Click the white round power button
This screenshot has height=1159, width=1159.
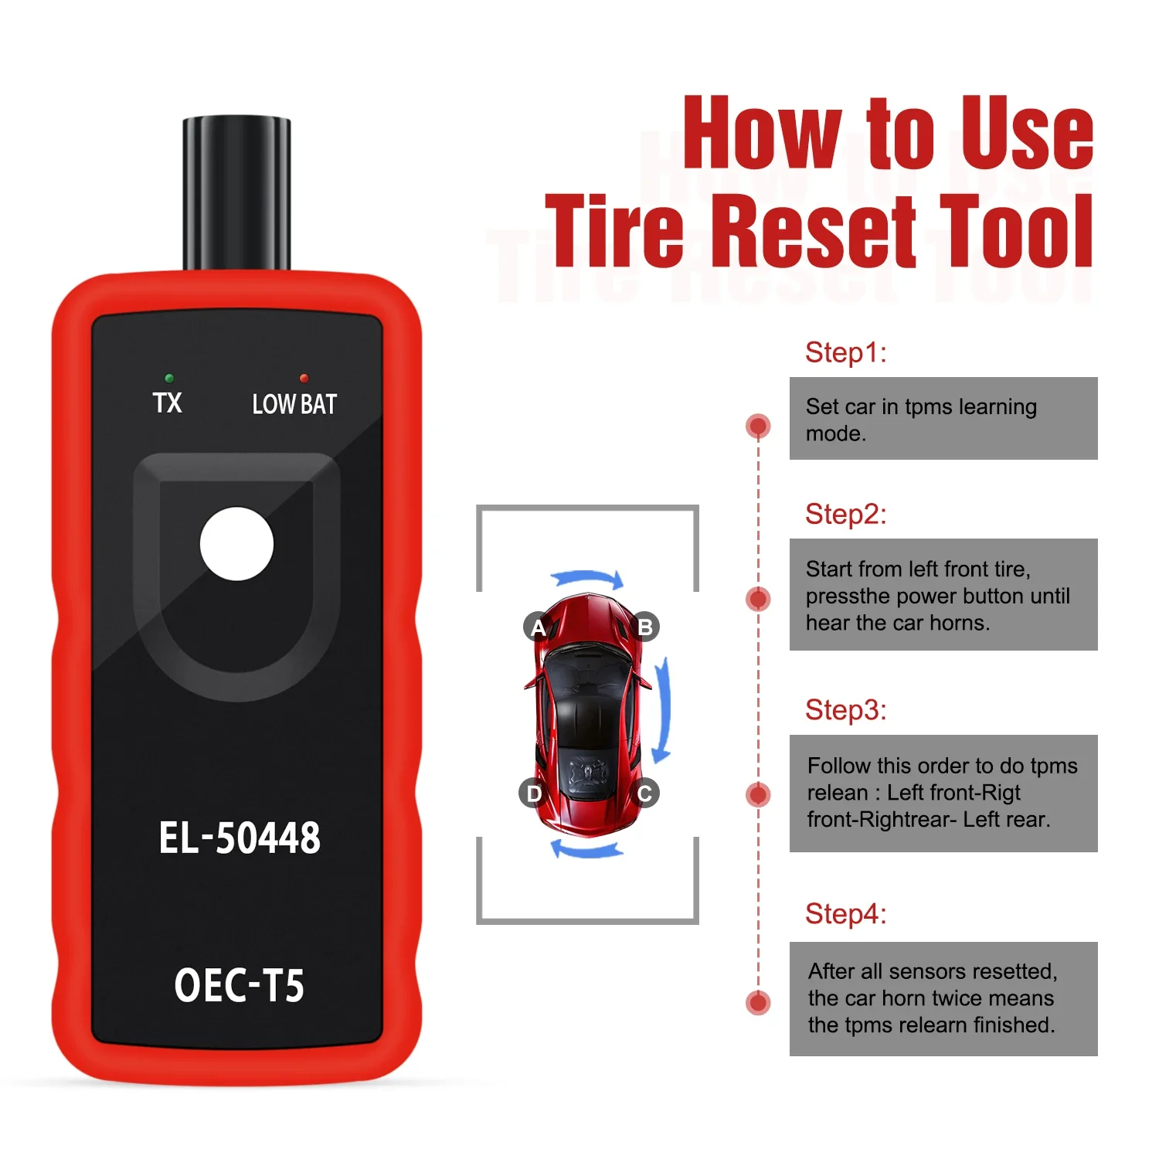pyautogui.click(x=236, y=543)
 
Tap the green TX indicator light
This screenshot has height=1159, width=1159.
pyautogui.click(x=169, y=379)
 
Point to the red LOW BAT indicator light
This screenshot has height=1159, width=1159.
pyautogui.click(x=304, y=379)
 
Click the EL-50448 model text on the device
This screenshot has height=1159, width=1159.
pyautogui.click(x=240, y=838)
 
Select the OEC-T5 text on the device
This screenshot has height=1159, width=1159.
pyautogui.click(x=240, y=985)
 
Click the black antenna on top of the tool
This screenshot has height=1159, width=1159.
pyautogui.click(x=236, y=193)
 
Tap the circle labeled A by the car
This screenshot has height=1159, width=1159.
pyautogui.click(x=538, y=627)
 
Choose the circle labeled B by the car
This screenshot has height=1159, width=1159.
pyautogui.click(x=645, y=627)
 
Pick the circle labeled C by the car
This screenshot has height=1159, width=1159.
pyautogui.click(x=645, y=793)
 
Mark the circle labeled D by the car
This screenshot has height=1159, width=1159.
pyautogui.click(x=533, y=793)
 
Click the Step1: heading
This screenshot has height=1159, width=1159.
pyautogui.click(x=845, y=352)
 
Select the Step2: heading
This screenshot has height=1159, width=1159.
pyautogui.click(x=845, y=514)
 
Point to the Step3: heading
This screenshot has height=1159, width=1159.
pyautogui.click(x=845, y=710)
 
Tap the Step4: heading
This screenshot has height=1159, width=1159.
pyautogui.click(x=845, y=914)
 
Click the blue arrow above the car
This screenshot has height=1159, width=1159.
pyautogui.click(x=587, y=576)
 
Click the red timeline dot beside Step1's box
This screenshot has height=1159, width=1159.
pyautogui.click(x=758, y=426)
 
